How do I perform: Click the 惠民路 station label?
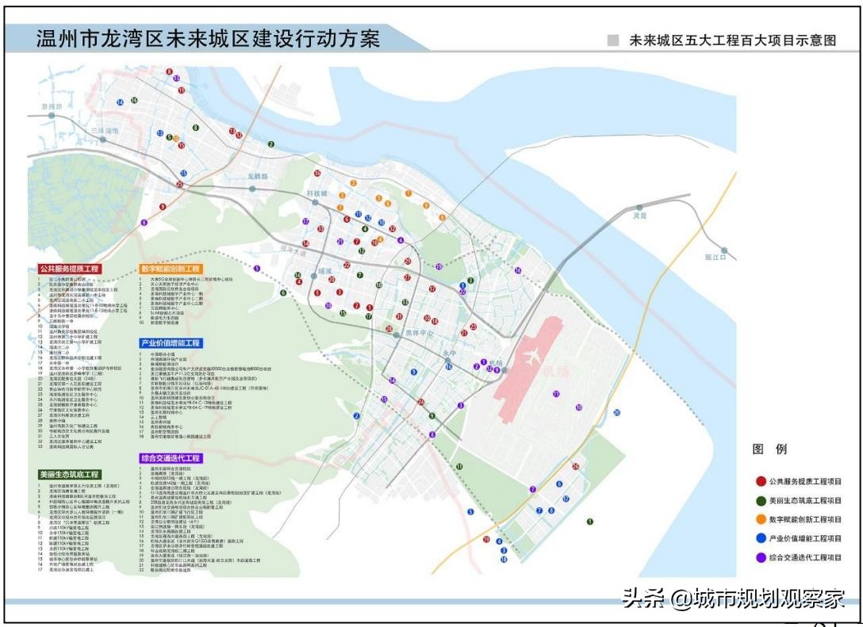pos(51,106)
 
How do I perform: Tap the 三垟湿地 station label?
pos(104,130)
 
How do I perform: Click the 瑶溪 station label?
pos(324,272)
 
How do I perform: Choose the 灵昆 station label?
pos(640,216)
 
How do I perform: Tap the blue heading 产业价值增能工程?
pos(171,343)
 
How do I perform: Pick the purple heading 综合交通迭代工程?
pos(171,458)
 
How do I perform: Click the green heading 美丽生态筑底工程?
pos(70,474)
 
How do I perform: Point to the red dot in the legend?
pos(761,481)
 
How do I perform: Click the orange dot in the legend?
pos(761,519)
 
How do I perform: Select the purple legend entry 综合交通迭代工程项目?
pos(804,557)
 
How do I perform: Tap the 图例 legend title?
pos(769,449)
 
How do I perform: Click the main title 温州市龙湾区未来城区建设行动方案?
pos(208,39)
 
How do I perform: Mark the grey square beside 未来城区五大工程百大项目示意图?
pos(612,40)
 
